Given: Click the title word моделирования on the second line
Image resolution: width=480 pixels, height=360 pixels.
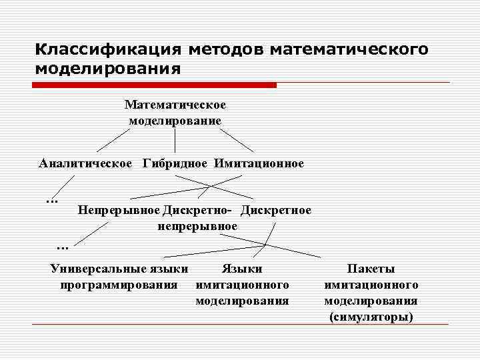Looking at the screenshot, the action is (109, 69).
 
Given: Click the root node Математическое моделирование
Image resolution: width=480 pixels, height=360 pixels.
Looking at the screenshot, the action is (175, 113).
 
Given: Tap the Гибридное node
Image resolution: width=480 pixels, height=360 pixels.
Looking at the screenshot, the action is (175, 163).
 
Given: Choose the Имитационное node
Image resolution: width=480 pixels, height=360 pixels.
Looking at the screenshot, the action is (259, 163).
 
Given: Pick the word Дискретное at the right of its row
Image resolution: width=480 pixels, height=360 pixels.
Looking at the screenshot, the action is (276, 211).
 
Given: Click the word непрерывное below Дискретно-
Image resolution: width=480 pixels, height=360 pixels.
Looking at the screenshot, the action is (197, 226).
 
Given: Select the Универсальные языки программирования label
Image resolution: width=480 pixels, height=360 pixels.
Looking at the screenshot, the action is (119, 277).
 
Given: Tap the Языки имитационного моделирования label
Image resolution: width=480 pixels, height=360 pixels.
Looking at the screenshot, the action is (242, 285).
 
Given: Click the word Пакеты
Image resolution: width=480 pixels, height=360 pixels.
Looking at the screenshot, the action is (371, 269).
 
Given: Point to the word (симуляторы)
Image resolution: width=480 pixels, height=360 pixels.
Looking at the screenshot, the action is (371, 317).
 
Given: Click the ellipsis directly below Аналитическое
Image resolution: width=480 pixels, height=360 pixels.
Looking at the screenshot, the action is (52, 199).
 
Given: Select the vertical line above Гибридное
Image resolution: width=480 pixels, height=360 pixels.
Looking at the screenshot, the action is (175, 141).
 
